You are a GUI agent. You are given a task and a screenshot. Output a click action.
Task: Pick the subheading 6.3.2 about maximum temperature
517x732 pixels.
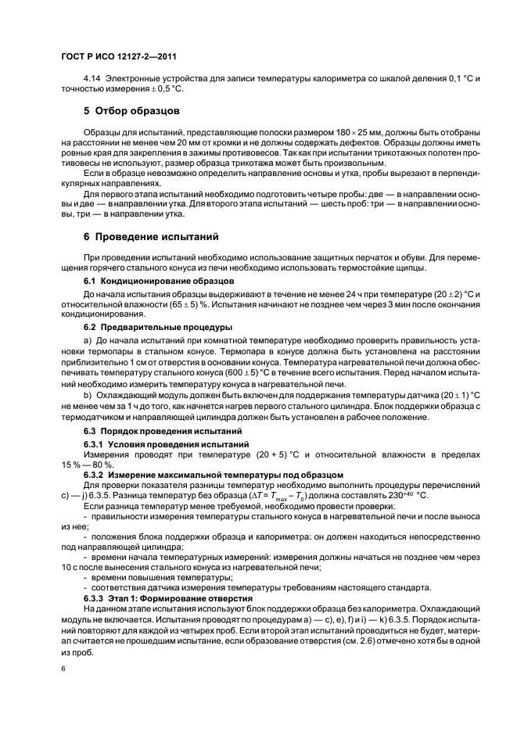pos(202,474)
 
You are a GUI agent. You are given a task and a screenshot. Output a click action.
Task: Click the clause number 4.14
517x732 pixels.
pos(93,79)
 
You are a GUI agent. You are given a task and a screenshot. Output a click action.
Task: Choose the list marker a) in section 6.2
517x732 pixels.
pos(88,357)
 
